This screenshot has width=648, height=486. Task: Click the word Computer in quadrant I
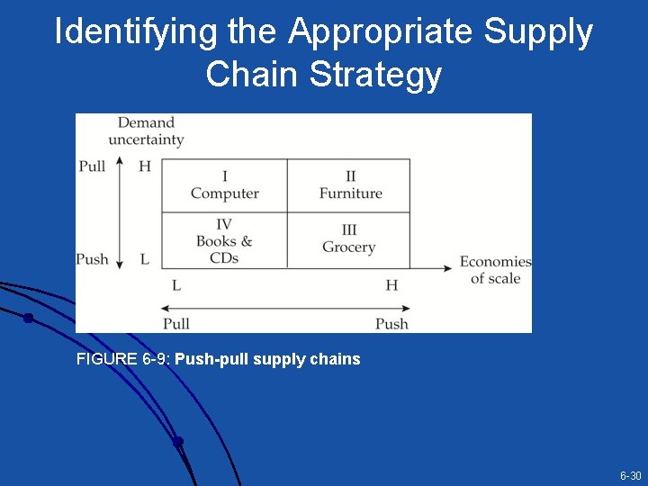tap(224, 193)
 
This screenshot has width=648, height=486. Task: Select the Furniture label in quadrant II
tap(350, 193)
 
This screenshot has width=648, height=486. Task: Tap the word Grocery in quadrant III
tap(348, 247)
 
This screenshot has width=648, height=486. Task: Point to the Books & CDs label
tap(224, 248)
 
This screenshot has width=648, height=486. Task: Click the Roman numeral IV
tap(224, 225)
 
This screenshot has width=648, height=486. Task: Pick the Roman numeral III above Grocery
tap(348, 230)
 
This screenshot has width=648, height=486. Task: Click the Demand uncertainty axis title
tap(146, 131)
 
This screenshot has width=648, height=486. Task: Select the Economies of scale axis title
tap(495, 270)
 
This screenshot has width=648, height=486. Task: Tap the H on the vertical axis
tap(145, 166)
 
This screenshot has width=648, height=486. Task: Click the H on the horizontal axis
tap(391, 285)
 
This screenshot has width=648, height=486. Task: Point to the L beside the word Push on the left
tap(145, 259)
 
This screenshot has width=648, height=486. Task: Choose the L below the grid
tap(176, 285)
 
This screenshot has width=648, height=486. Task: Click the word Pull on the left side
tap(92, 166)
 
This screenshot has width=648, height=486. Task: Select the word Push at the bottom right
tap(391, 324)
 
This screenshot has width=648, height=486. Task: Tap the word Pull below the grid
tap(176, 324)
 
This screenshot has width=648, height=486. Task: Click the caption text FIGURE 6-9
tap(123, 359)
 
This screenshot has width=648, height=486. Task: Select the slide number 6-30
tap(630, 475)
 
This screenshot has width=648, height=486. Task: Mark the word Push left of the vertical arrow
tap(92, 259)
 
